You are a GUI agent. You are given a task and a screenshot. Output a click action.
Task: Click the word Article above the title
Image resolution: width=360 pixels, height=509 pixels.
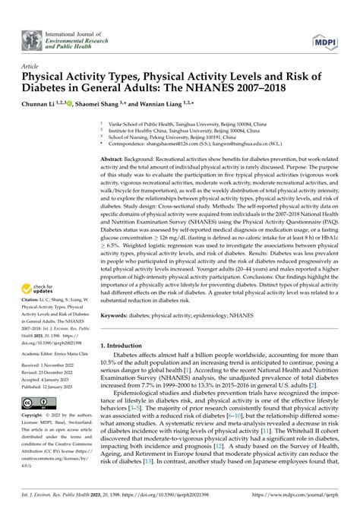pyautogui.click(x=32, y=67)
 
